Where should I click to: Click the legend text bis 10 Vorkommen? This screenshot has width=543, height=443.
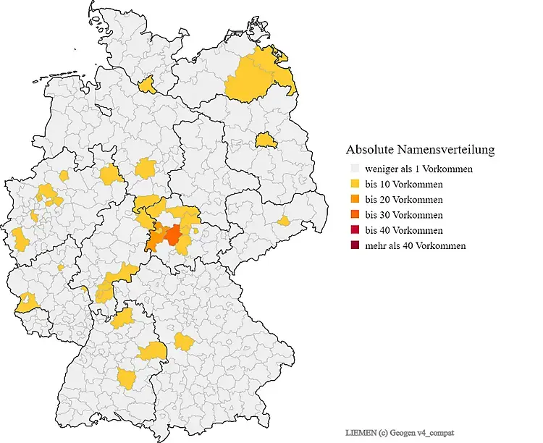pyautogui.click(x=403, y=184)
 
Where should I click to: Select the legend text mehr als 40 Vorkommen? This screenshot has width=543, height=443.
pyautogui.click(x=415, y=246)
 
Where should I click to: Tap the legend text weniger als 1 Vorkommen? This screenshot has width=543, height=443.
pyautogui.click(x=418, y=169)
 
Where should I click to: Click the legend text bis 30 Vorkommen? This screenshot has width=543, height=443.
pyautogui.click(x=403, y=215)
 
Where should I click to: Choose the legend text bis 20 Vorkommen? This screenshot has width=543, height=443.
pyautogui.click(x=403, y=200)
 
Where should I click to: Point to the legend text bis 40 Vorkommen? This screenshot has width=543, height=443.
pyautogui.click(x=403, y=230)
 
